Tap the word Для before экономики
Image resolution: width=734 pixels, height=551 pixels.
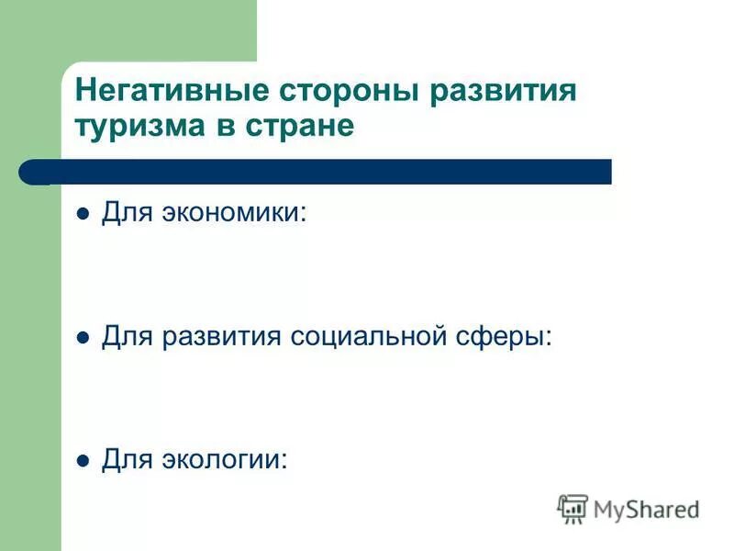(125, 213)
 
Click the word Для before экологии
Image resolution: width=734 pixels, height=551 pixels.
(125, 459)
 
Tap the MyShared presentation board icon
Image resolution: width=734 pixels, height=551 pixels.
(573, 508)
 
